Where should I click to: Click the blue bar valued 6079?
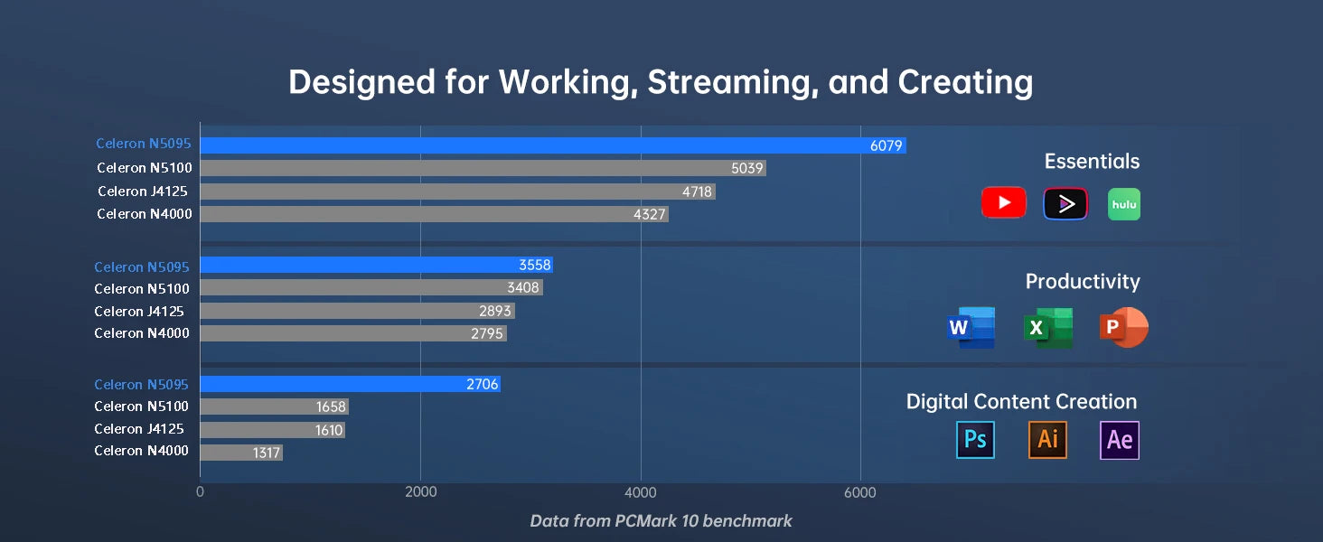tap(553, 145)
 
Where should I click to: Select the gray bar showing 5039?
tap(483, 168)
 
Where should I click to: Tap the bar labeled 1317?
tap(241, 453)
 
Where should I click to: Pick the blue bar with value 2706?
tap(350, 384)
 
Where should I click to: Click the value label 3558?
tap(534, 266)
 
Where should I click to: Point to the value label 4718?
tap(697, 192)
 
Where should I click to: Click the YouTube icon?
tap(1003, 203)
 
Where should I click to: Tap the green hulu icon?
tap(1123, 204)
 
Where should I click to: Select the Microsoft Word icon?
tap(971, 328)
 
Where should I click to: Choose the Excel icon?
tap(1047, 328)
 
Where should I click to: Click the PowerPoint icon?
tap(1123, 327)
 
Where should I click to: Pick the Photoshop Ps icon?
tap(975, 440)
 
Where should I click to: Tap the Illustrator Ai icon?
tap(1047, 440)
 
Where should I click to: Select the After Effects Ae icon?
tap(1119, 440)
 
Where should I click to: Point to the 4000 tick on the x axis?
tap(641, 493)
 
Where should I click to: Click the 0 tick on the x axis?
tap(200, 493)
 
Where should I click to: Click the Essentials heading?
tap(1092, 162)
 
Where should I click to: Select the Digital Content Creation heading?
tap(1021, 402)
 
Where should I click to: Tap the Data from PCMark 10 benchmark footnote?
tap(661, 521)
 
